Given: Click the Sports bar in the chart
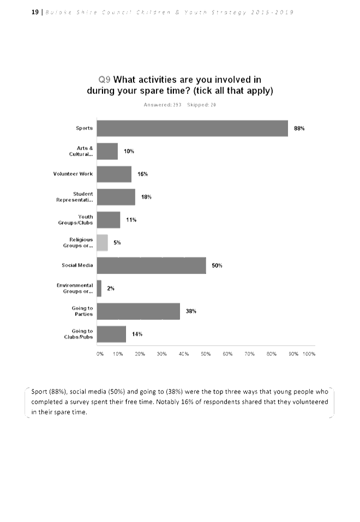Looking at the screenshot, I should coord(192,128).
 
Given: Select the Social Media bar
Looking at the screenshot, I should coord(151,266).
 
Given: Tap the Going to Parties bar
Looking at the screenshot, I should coord(138,311).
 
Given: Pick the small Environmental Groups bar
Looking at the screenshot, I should coord(99,289).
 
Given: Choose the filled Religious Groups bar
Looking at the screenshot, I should coord(103,243).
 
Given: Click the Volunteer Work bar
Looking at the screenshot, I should coord(114,174).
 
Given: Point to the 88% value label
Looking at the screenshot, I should coord(299,129).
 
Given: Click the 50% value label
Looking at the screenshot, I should coord(217,266).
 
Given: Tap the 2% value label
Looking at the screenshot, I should coord(111,289).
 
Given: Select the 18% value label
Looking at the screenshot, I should coord(146,197).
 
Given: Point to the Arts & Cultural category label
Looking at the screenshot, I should coord(81,151).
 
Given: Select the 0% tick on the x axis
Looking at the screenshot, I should coord(100,354).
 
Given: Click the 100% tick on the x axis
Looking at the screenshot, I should coord(309,354).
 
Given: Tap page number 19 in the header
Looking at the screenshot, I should coord(35,12).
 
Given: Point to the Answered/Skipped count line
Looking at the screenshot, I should coord(179,105).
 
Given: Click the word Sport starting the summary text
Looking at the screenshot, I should coord(39,392).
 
